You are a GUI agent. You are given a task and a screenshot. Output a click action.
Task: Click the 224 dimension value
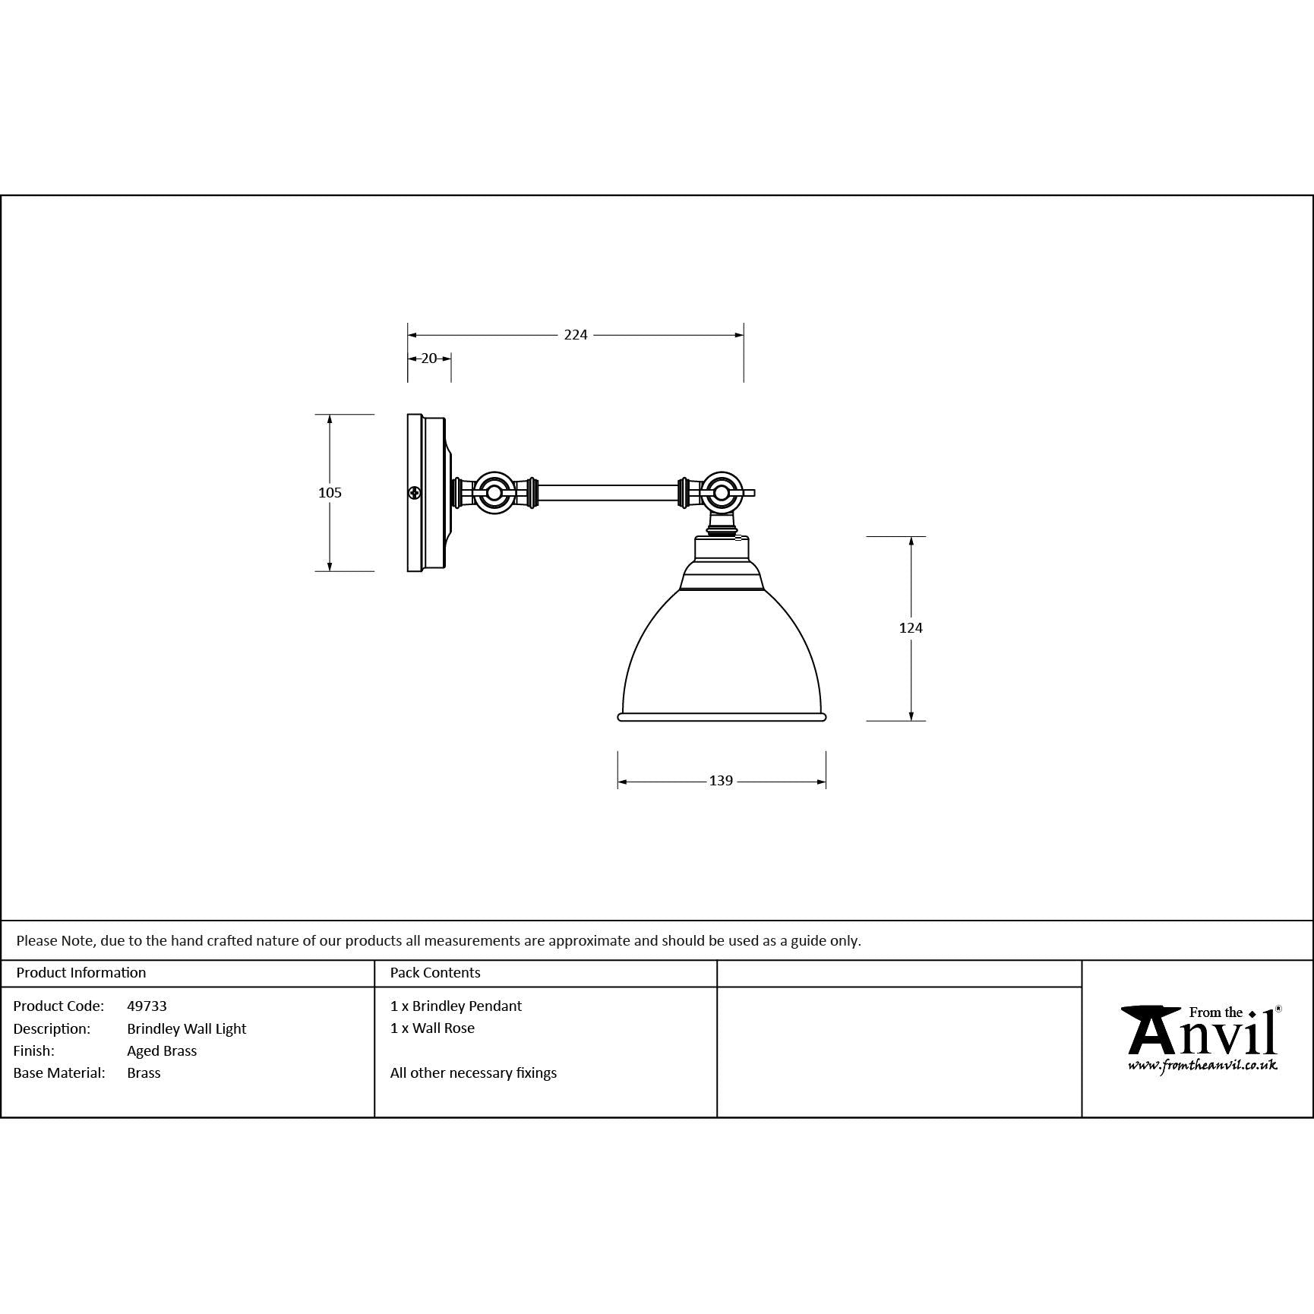tap(575, 335)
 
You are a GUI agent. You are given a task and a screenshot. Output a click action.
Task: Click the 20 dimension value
tap(429, 359)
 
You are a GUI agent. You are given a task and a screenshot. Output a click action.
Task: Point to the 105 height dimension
tap(330, 493)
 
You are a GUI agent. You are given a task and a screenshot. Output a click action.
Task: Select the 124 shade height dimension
tap(910, 627)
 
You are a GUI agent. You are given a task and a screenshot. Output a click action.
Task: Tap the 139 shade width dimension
tap(720, 781)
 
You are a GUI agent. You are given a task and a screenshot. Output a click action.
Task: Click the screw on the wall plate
tap(415, 493)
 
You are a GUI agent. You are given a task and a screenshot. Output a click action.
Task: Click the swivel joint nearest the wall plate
tap(494, 493)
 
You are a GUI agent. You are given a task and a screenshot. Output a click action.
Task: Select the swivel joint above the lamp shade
tap(721, 492)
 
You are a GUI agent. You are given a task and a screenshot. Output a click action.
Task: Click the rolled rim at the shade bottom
tap(721, 716)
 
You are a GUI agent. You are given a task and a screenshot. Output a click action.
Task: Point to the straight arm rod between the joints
tap(608, 493)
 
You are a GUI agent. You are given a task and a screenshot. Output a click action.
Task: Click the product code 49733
tap(147, 1006)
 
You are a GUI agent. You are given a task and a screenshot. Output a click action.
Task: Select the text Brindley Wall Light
tap(187, 1028)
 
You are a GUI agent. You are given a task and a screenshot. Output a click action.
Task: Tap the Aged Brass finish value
tap(162, 1050)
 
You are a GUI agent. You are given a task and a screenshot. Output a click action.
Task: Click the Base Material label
tap(59, 1072)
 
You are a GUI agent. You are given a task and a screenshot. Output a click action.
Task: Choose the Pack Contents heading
tap(435, 972)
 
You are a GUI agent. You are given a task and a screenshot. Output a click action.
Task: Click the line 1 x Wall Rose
tap(432, 1028)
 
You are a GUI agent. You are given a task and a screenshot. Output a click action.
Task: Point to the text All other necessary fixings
tap(473, 1072)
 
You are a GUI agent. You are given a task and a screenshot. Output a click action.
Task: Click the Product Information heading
tap(81, 972)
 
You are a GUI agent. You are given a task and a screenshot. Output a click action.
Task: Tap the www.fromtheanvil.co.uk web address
tap(1202, 1066)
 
